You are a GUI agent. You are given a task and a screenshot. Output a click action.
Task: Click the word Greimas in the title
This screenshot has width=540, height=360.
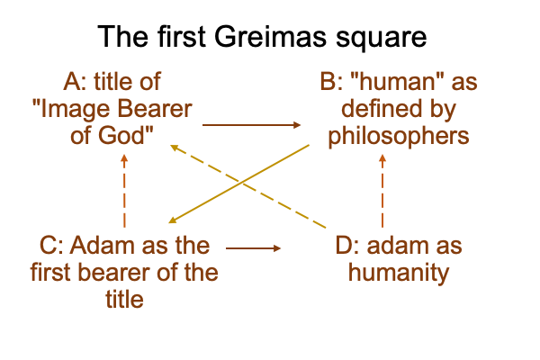270,36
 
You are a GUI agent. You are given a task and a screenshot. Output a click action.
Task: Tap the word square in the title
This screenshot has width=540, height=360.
381,39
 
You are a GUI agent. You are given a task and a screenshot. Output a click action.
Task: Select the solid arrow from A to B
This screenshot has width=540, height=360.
251,125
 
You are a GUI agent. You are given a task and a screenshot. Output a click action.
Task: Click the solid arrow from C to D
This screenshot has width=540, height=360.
253,248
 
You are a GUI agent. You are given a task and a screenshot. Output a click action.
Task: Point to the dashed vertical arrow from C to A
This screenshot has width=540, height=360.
124,191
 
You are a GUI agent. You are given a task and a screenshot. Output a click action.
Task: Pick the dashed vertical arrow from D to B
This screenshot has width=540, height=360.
382,191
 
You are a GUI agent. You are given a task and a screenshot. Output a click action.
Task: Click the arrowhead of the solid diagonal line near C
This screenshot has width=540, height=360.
173,220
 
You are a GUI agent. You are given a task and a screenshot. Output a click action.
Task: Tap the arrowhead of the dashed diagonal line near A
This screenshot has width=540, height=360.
175,148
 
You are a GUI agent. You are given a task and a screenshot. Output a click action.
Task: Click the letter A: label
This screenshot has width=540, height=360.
75,82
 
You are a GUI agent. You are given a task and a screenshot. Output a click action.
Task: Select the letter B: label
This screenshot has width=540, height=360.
331,82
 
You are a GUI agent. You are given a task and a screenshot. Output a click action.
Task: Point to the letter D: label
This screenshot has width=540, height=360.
347,246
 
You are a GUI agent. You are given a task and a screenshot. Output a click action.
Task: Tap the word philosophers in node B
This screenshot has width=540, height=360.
399,137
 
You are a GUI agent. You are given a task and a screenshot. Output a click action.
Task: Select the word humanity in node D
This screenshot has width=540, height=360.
399,274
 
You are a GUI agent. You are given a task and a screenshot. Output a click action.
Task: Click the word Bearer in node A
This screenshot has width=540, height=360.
155,109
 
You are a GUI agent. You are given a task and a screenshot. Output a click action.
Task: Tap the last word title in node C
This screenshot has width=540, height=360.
124,299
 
